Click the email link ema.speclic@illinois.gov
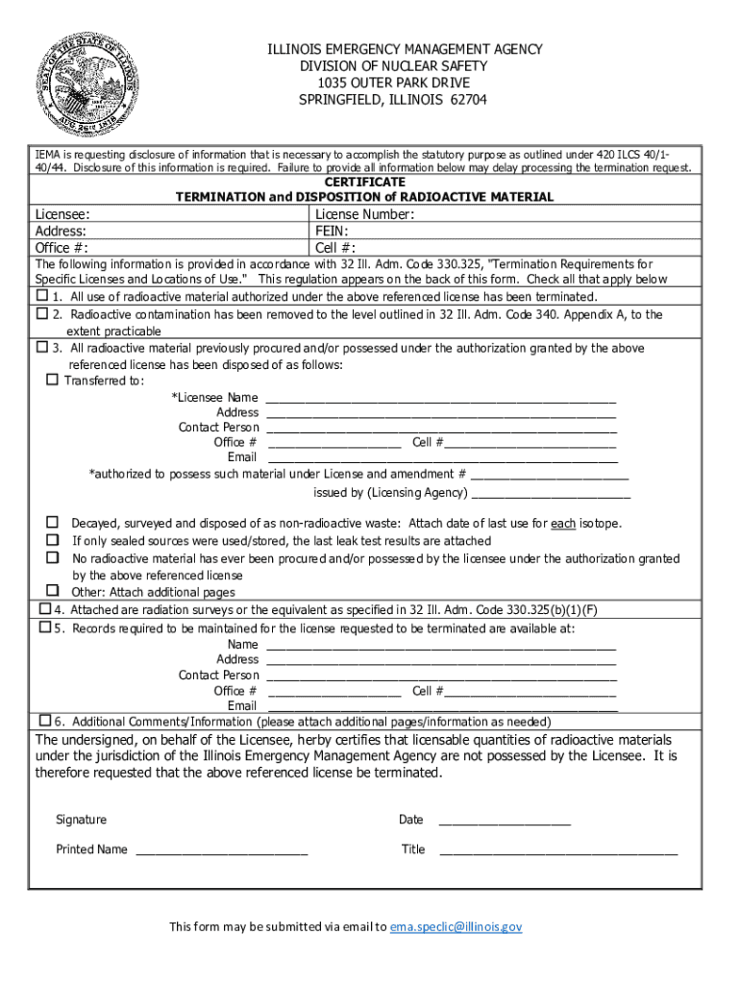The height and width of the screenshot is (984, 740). pos(455,926)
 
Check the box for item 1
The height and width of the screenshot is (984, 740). pos(42,295)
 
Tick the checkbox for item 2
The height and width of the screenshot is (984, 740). pos(42,313)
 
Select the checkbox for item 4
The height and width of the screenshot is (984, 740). pos(43,609)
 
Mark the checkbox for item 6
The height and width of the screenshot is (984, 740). pos(43,720)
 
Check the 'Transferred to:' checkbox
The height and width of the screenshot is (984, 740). pos(53,380)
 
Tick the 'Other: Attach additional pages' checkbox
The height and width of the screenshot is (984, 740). pos(53,591)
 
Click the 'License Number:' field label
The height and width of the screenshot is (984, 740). pos(364,214)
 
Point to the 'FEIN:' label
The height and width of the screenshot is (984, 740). pos(332,231)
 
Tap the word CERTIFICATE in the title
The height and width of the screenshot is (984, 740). pos(364,182)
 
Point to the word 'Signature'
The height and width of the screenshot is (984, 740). pos(82,820)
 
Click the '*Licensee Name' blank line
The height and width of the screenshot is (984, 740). pos(440,399)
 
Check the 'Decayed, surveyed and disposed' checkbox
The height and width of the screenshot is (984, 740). pos(53,522)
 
